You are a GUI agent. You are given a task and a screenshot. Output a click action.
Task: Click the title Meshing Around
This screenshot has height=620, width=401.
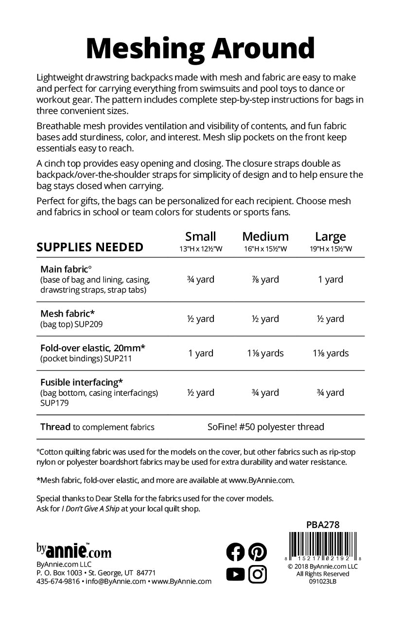tap(200, 49)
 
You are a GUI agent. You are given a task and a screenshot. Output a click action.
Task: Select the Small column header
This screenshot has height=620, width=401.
tap(200, 237)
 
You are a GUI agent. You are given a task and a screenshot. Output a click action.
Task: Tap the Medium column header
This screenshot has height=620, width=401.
tap(265, 237)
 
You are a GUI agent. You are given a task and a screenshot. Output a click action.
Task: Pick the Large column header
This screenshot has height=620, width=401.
tap(331, 237)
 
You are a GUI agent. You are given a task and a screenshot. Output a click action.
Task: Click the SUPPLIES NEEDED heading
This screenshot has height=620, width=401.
tap(90, 247)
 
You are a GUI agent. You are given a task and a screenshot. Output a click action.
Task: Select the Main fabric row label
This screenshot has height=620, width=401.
tap(67, 269)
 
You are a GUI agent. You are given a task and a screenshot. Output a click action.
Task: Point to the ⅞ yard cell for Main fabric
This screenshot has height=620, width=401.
tap(265, 280)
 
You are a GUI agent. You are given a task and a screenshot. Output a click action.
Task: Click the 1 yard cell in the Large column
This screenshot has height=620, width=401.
tap(331, 280)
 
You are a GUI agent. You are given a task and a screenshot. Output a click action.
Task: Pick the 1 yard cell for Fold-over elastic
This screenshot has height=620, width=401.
tap(200, 354)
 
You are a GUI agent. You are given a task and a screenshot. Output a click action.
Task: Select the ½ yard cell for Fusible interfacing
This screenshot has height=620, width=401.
tap(200, 393)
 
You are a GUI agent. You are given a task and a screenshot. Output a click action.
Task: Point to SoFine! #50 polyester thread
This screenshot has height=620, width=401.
tap(265, 427)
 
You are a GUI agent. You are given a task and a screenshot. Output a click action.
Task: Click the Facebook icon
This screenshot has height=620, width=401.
tap(236, 552)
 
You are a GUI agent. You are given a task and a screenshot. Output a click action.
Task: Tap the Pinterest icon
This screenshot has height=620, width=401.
tap(258, 552)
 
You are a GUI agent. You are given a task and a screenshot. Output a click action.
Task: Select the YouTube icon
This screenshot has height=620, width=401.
tap(236, 574)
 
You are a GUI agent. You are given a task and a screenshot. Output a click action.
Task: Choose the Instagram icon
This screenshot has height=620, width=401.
tap(258, 574)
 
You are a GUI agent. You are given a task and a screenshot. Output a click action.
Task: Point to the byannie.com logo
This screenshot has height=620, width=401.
tap(74, 551)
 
